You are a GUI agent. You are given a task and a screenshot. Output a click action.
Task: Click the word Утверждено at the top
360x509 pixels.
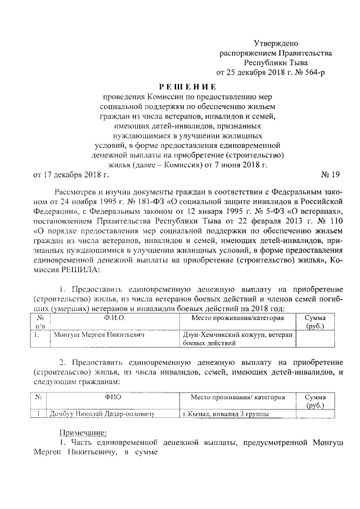click(275, 43)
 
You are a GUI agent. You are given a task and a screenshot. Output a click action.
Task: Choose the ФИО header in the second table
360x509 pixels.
click(113, 397)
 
